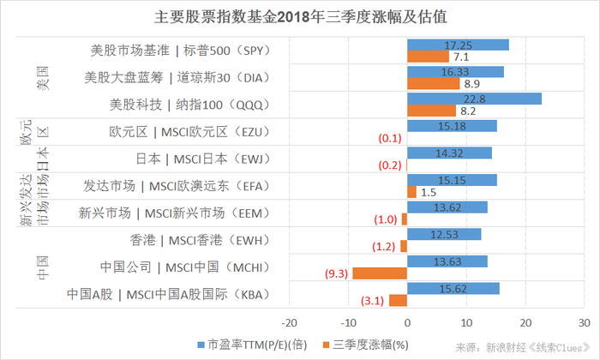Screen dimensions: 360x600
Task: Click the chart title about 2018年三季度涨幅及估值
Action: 299,16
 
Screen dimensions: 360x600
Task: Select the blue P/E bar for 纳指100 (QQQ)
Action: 474,99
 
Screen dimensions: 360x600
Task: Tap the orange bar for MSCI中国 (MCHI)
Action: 380,273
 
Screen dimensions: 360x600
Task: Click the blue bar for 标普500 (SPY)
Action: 458,45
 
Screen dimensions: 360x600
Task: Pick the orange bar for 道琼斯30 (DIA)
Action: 434,84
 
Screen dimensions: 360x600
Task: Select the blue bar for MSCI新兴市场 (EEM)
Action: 447,207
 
